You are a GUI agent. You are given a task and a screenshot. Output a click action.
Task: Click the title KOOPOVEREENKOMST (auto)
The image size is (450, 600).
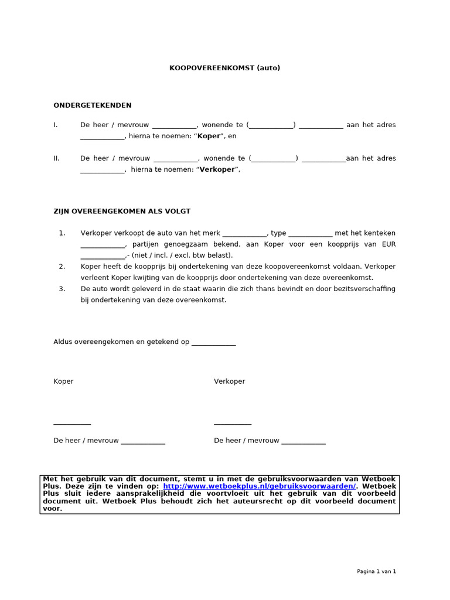pos(225,68)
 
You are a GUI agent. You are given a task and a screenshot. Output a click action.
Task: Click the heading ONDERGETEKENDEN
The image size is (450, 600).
pos(93,105)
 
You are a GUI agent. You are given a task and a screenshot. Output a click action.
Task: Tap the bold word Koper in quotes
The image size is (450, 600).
pos(209,137)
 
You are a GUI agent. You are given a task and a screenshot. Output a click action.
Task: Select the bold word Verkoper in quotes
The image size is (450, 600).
pos(217,170)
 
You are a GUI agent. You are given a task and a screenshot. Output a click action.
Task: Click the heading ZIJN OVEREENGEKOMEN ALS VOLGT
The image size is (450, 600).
pos(122,211)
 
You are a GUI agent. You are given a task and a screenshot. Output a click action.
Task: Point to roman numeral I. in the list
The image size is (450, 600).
pos(56,125)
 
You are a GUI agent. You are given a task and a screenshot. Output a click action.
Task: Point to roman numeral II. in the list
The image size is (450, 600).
pos(57,158)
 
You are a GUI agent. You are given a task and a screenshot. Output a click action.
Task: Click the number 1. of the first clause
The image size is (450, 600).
pos(62,233)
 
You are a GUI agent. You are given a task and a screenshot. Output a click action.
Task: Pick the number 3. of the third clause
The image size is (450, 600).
pos(62,289)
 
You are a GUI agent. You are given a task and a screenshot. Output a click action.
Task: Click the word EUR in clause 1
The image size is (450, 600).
pos(388,244)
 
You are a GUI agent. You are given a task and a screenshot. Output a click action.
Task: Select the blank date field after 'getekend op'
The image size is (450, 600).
pos(213,343)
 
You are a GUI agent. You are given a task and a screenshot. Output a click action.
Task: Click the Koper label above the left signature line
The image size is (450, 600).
pos(63,381)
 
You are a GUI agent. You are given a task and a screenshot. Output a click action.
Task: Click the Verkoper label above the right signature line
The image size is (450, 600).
pos(230,381)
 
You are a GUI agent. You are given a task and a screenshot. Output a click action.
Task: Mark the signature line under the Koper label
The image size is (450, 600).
pos(72,424)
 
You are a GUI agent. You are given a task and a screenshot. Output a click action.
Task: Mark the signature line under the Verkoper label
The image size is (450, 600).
pos(233,424)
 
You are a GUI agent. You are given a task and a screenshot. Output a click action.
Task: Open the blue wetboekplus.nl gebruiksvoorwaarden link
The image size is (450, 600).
pos(260,486)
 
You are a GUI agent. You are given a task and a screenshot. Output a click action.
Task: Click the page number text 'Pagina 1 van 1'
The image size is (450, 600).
pos(376,572)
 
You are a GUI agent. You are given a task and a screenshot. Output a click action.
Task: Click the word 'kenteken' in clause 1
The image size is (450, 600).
pos(381,233)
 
